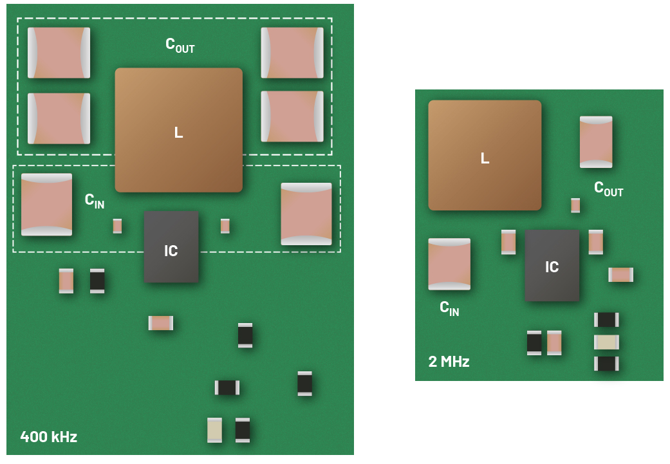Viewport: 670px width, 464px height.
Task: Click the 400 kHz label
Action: [x=49, y=437]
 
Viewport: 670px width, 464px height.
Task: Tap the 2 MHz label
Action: [x=449, y=362]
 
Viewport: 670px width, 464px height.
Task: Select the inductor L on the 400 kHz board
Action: [x=178, y=130]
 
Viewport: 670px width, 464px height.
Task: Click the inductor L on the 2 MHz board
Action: [x=485, y=155]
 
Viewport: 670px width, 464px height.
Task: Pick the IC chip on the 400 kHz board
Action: [x=171, y=246]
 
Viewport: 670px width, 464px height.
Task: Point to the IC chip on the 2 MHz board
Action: [x=552, y=266]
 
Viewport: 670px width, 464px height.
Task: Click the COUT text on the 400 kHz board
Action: [x=180, y=45]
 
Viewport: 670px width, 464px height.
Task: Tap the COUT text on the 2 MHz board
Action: [x=608, y=189]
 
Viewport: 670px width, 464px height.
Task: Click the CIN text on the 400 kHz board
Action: [x=95, y=200]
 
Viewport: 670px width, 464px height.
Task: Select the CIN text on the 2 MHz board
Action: [x=449, y=308]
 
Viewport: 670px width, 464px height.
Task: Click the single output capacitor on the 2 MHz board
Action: [x=596, y=142]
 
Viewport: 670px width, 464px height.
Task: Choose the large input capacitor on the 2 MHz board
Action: [x=449, y=264]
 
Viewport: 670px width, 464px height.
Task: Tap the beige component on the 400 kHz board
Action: [x=215, y=430]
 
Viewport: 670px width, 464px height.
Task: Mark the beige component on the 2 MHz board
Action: [x=606, y=342]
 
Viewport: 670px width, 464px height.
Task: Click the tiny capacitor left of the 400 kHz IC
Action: [x=117, y=226]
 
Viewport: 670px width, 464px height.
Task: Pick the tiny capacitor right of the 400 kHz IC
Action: [x=225, y=226]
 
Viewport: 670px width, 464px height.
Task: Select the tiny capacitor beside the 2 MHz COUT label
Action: [x=575, y=205]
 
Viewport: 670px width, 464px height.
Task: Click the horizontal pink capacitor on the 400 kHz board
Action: [x=161, y=323]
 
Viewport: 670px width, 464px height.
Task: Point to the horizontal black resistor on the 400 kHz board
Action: [x=227, y=387]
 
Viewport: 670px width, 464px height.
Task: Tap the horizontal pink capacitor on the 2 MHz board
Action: [x=621, y=275]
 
